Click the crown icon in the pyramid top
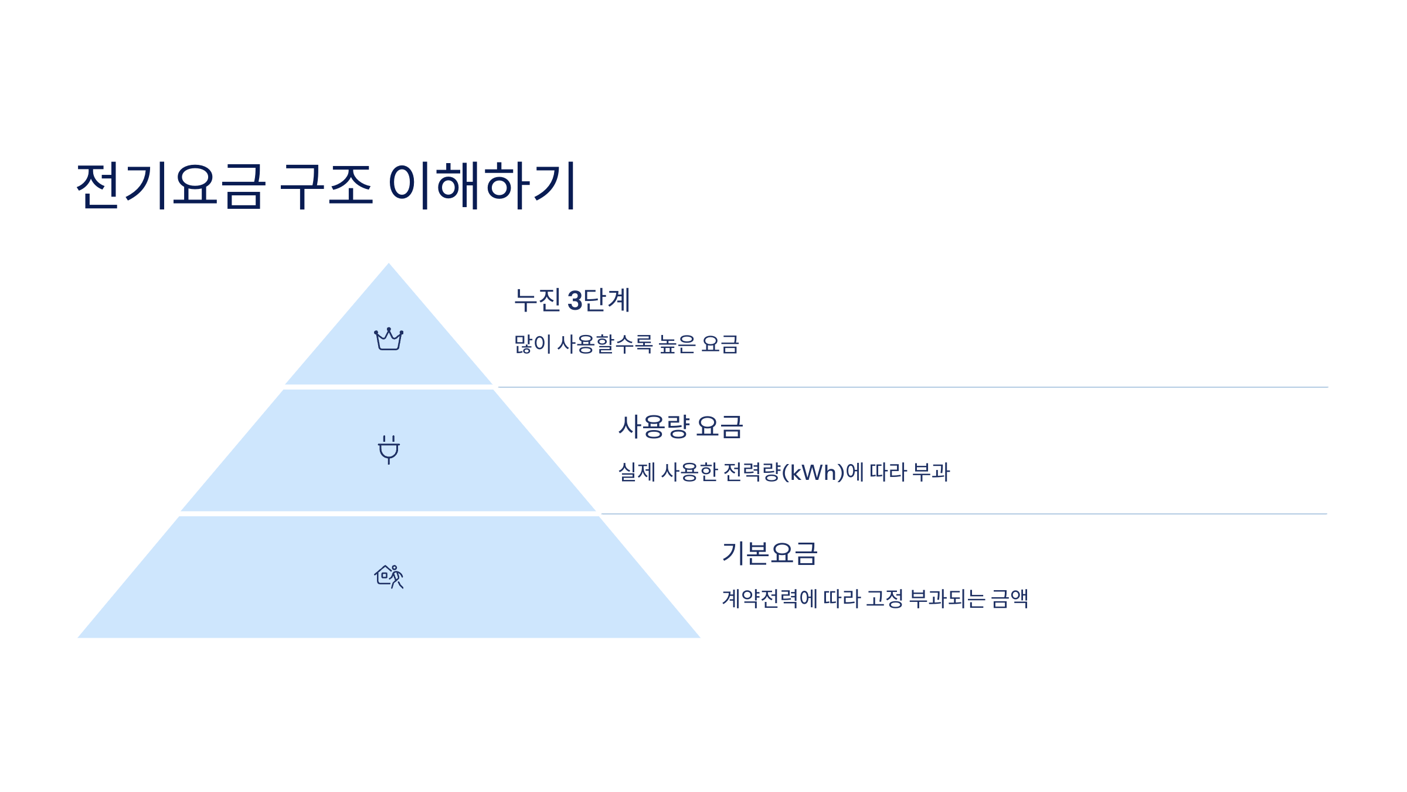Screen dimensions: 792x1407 pyautogui.click(x=389, y=339)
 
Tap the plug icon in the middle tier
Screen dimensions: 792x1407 pyautogui.click(x=389, y=449)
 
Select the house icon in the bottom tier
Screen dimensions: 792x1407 pyautogui.click(x=389, y=577)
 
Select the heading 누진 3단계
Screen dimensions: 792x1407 pyautogui.click(x=572, y=300)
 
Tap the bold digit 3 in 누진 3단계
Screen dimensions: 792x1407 pyautogui.click(x=575, y=301)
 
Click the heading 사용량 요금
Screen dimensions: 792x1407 pyautogui.click(x=681, y=427)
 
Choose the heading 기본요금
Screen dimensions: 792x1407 pyautogui.click(x=769, y=553)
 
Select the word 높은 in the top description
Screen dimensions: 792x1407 pyautogui.click(x=677, y=344)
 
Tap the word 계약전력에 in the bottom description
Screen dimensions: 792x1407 pyautogui.click(x=769, y=599)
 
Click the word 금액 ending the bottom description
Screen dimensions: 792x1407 pyautogui.click(x=1010, y=599)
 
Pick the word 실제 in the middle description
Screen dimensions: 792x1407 pyautogui.click(x=637, y=472)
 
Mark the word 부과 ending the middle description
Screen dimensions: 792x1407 pyautogui.click(x=931, y=472)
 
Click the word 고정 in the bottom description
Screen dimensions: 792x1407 pyautogui.click(x=884, y=599)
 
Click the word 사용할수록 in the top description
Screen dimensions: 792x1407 pyautogui.click(x=604, y=344)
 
